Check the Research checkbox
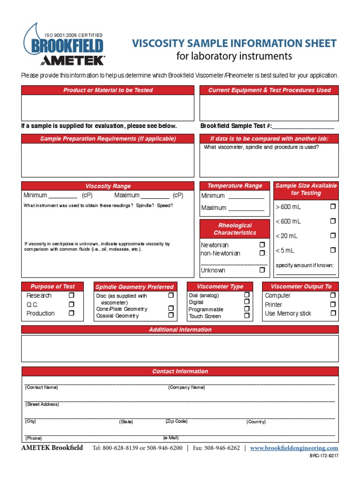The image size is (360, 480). (x=71, y=295)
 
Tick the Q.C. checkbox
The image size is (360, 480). (x=71, y=304)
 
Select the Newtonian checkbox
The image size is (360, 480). (x=262, y=245)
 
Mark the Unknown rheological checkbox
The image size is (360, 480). (x=262, y=270)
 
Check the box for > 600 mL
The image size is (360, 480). (x=333, y=206)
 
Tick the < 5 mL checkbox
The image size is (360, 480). (x=333, y=250)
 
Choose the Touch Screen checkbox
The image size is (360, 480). (x=247, y=316)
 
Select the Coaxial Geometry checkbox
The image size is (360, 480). (x=171, y=315)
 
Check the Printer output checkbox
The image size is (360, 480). (x=333, y=304)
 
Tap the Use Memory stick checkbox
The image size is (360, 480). (x=333, y=313)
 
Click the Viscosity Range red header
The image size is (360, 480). (x=108, y=186)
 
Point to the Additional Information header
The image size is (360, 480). (x=180, y=330)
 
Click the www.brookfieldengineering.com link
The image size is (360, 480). (x=294, y=448)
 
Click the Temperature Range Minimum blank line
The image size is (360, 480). (x=246, y=196)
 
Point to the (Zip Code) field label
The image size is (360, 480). (x=176, y=421)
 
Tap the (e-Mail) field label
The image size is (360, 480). (x=171, y=438)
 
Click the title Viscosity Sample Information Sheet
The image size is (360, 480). (x=234, y=44)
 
